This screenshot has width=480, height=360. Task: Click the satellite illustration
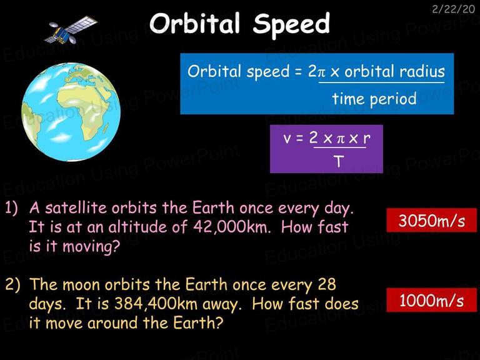coord(71,30)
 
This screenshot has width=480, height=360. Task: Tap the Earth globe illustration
coord(71,112)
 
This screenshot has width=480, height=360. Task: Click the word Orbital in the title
coord(195,24)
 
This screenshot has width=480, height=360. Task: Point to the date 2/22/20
coord(453,9)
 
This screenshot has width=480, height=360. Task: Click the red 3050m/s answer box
coord(432,220)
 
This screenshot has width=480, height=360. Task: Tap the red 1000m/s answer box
coord(432,300)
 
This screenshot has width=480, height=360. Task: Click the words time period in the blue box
coord(374,99)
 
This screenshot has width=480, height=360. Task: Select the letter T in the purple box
coord(339,161)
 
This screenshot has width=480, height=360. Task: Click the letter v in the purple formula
coord(287,139)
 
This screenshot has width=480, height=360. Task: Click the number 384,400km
coord(156,304)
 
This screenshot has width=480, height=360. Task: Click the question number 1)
coord(12,208)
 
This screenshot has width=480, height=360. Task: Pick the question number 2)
coord(12,285)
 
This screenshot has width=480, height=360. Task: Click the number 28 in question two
coord(327,284)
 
